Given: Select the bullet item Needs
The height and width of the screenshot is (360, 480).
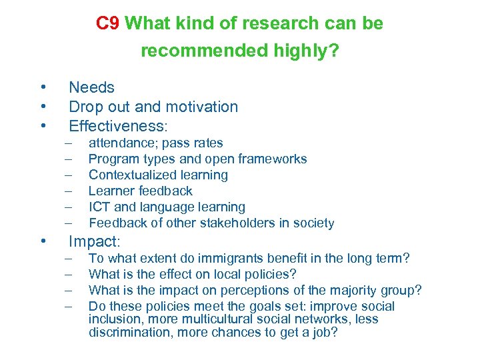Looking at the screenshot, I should tap(92, 87).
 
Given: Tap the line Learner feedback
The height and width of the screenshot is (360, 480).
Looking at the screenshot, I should tap(140, 191).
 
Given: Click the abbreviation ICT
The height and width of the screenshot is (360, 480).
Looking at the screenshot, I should tap(99, 207).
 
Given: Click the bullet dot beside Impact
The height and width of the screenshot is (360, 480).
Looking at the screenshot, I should tap(42, 241).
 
